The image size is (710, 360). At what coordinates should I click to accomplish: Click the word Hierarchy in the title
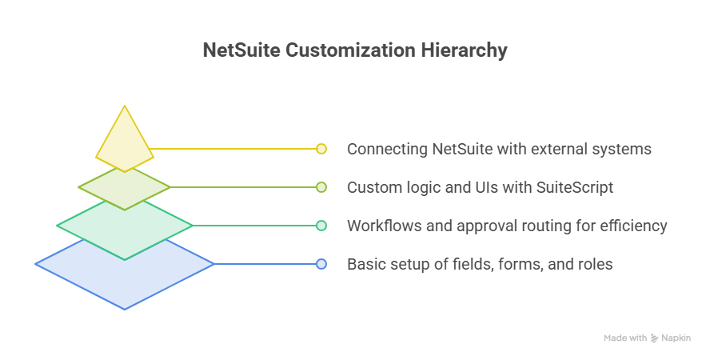pos(464,50)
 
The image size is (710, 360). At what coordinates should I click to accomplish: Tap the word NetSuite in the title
pos(241,50)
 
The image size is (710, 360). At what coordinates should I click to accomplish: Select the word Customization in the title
pos(350,50)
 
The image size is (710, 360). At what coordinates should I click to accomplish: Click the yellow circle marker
pos(321,149)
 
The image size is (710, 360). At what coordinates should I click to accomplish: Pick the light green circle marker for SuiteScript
pos(321,187)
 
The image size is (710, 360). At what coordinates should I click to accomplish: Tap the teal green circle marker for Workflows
pos(321,226)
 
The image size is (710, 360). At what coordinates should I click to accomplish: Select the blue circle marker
pos(321,264)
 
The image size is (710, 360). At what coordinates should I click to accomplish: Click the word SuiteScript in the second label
pos(575,187)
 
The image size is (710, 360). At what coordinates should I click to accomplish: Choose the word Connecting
pos(387,149)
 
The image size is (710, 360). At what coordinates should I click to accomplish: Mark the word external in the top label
pos(557,149)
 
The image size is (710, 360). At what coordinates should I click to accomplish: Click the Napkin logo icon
pos(654,338)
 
